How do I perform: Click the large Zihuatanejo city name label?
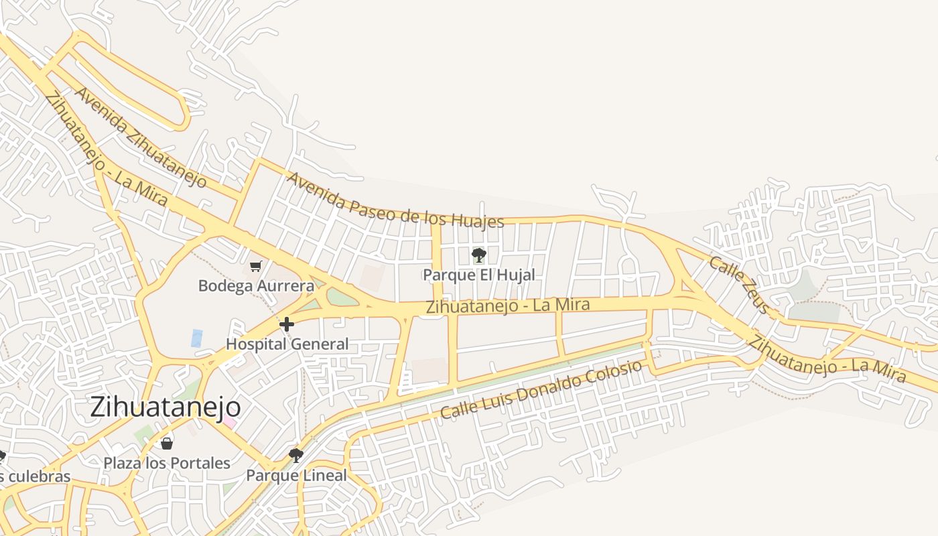(x=165, y=407)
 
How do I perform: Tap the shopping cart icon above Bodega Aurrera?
(x=255, y=267)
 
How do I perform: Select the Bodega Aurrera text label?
(x=256, y=286)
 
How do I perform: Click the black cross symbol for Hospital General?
(x=287, y=325)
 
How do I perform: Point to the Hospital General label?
(x=287, y=344)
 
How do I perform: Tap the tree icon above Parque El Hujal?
(x=478, y=255)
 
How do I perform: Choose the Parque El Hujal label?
(x=478, y=275)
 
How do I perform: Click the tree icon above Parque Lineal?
(x=295, y=456)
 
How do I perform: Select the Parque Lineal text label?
(x=296, y=476)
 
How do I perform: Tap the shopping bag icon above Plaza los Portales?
(x=167, y=443)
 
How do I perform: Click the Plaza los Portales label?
(x=167, y=463)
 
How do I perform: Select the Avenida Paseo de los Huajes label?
(x=395, y=200)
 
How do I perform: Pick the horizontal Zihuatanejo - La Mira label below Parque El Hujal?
(x=508, y=306)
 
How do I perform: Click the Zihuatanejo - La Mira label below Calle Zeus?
(x=827, y=359)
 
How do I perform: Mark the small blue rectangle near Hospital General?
(x=196, y=338)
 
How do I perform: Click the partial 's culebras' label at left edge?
(x=35, y=476)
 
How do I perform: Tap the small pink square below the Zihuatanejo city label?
(x=229, y=422)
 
